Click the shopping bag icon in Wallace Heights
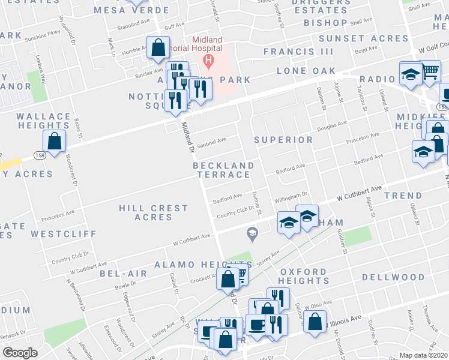(55, 142)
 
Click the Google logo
(20, 353)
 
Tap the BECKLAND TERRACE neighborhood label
(221, 170)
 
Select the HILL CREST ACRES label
(153, 212)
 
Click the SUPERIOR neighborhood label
(283, 140)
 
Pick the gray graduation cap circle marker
(253, 233)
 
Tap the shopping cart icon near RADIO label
(430, 72)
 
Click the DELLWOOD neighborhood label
(393, 277)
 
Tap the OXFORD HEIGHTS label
(304, 276)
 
